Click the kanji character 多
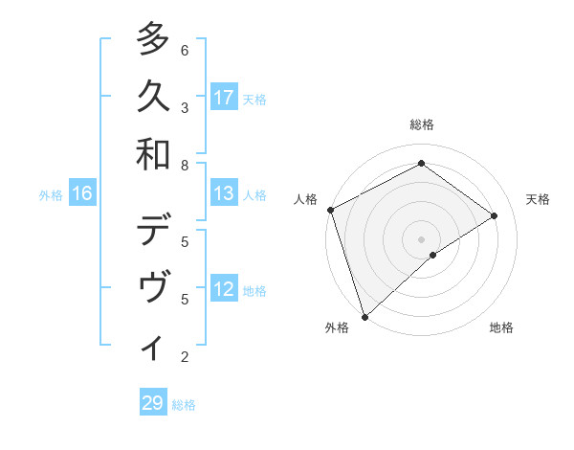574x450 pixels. [153, 39]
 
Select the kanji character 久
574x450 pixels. [153, 97]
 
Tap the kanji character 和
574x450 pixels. [153, 154]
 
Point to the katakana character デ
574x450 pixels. [153, 231]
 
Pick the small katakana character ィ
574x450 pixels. [153, 348]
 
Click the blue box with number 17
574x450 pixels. [224, 98]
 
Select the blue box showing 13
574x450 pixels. [224, 194]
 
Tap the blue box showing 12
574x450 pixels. [224, 290]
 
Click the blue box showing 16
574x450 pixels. [82, 194]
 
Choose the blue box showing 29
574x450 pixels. [153, 403]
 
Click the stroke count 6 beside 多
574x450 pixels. [185, 50]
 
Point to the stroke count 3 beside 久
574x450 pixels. [185, 107]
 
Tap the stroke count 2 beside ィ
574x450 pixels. [185, 357]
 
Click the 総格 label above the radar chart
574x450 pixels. [422, 124]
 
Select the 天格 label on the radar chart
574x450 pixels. [538, 199]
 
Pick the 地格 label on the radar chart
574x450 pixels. [501, 328]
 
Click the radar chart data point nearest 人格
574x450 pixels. [330, 210]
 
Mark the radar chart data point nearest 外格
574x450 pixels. [364, 315]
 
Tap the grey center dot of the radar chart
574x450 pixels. [422, 238]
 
